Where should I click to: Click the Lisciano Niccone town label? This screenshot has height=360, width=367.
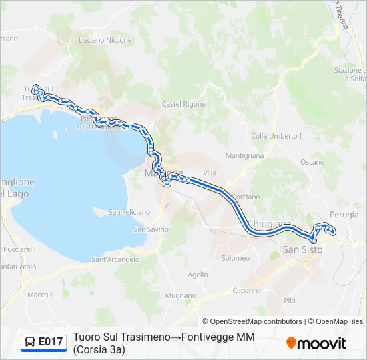(x=105, y=40)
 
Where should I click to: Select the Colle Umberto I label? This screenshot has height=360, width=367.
(x=276, y=136)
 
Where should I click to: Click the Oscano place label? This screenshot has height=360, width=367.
(x=312, y=162)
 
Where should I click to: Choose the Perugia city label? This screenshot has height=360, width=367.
(x=344, y=215)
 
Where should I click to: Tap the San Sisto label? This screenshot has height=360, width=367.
(x=303, y=249)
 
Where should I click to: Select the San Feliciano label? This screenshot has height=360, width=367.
(x=129, y=212)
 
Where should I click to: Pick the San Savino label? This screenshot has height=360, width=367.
(x=149, y=229)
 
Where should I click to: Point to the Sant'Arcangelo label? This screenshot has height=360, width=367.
(x=115, y=259)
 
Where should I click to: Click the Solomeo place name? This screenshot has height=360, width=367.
(x=235, y=258)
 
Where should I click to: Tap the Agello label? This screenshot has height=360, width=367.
(x=198, y=274)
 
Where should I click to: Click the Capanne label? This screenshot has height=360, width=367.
(x=247, y=291)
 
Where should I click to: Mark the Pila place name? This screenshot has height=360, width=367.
(x=289, y=301)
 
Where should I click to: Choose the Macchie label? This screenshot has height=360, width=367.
(x=41, y=294)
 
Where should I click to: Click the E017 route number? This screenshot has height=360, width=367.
(x=51, y=342)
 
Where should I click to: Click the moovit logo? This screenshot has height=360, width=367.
(x=316, y=343)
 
